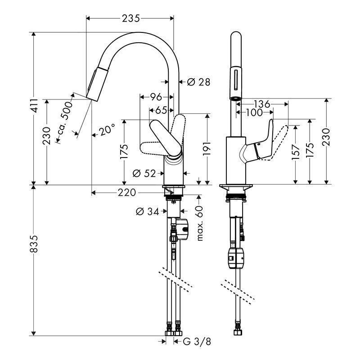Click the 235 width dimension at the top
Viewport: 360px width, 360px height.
[x=130, y=18]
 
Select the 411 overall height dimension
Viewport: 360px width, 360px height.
[x=35, y=106]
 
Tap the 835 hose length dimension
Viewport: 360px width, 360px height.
[x=34, y=243]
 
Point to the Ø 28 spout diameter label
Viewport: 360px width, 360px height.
[x=198, y=82]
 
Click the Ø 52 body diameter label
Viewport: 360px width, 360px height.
[x=144, y=173]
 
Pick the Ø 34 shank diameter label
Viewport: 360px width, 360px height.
[x=147, y=211]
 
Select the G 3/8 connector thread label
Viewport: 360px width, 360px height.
[x=197, y=342]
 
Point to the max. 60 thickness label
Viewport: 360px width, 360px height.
[x=200, y=223]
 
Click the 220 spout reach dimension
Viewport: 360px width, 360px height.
[x=127, y=193]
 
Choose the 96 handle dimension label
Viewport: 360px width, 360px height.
[x=156, y=97]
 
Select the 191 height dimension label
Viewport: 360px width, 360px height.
[x=207, y=148]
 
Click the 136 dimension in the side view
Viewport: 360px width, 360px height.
[x=262, y=104]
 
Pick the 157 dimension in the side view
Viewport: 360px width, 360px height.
[x=296, y=152]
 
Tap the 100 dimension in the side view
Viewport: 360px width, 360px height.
[x=254, y=112]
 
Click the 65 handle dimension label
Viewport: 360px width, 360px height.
[x=161, y=110]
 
